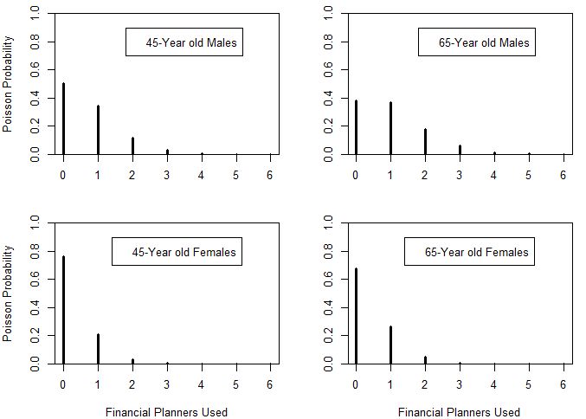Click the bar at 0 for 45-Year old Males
coord(63,119)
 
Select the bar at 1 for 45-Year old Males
coord(98,130)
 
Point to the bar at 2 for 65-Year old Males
coord(425,142)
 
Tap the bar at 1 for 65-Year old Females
coord(390,345)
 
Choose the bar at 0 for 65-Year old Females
coord(356,317)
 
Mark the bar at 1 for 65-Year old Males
coord(390,129)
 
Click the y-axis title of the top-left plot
coord(9,84)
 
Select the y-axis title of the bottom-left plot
coord(9,294)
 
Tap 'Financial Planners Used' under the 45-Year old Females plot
coord(166,412)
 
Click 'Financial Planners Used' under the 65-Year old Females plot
coord(459,412)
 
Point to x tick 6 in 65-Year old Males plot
coord(563,175)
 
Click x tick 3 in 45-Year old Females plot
coord(167,385)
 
